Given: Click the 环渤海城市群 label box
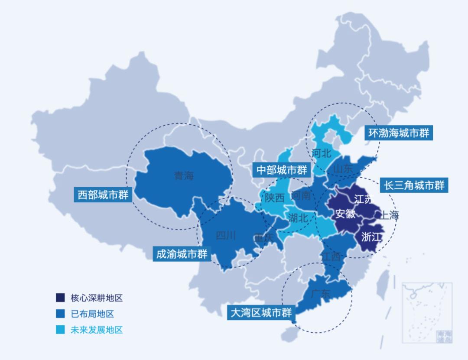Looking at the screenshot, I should coord(398,133).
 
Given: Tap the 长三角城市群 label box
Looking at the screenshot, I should coord(414,185).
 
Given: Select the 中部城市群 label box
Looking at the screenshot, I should coord(282,169).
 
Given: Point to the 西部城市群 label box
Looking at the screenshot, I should coord(103,195).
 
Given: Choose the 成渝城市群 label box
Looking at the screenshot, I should coord(182,254).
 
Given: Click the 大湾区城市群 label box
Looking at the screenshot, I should coord(261,312).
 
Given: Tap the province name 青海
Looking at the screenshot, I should coord(184,176).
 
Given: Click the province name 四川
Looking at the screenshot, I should coord(226,235).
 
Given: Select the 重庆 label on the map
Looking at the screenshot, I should coord(264,238).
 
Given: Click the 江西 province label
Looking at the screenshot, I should coord(331,256).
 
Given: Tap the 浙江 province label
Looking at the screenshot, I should coord(371,237).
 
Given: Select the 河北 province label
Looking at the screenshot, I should coord(321,153).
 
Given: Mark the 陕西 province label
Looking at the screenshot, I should coord(275,198).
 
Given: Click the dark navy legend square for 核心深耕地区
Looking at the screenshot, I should coord(60,298).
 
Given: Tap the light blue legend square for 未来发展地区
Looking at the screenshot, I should coord(60,330).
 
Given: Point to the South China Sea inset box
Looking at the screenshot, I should coord(427,312).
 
